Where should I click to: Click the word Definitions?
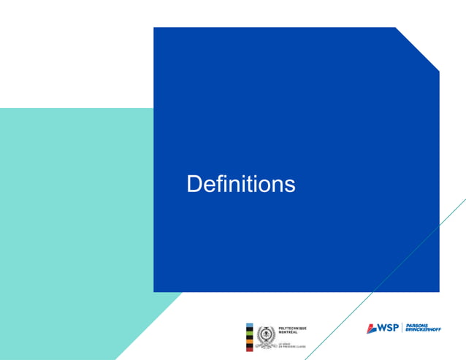pos(241,184)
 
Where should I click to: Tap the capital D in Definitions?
pos(194,184)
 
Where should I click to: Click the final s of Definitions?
pos(291,186)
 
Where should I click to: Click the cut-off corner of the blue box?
pos(418,49)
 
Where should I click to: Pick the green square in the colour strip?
pos(249,333)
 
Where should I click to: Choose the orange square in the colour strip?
pos(249,340)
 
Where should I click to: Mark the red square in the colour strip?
pos(249,348)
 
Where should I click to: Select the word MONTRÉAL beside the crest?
pos(288,332)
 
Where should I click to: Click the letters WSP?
pos(389,328)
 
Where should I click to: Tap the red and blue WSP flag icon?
pos(372,329)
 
